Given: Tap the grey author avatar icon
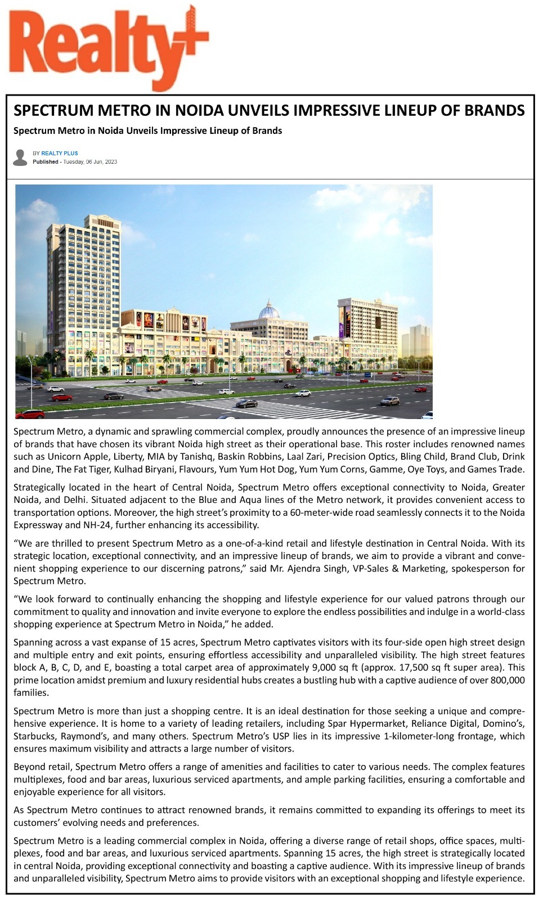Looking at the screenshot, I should coord(20,157).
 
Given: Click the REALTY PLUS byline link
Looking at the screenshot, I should coord(60,154).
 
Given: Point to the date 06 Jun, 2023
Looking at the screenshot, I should coord(101,162).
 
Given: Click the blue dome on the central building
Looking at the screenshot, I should coord(268,310).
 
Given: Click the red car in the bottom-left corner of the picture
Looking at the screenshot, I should coord(29,415).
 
